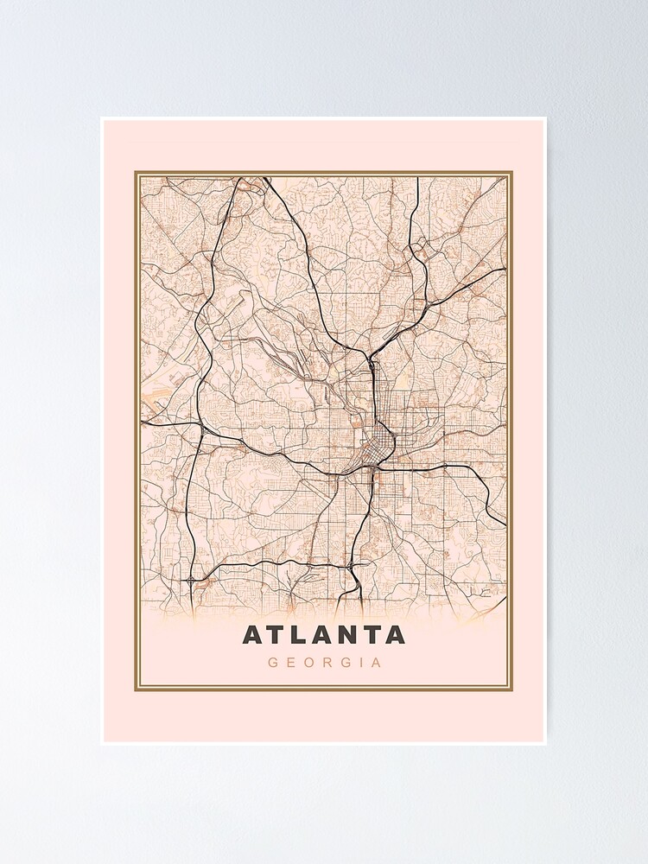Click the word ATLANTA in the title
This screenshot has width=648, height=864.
tap(324, 635)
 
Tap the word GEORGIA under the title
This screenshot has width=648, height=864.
tap(324, 664)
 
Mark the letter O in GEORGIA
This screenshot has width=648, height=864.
tap(308, 664)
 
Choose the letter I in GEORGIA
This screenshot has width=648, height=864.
tap(358, 664)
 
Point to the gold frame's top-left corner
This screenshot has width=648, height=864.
tap(136, 173)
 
